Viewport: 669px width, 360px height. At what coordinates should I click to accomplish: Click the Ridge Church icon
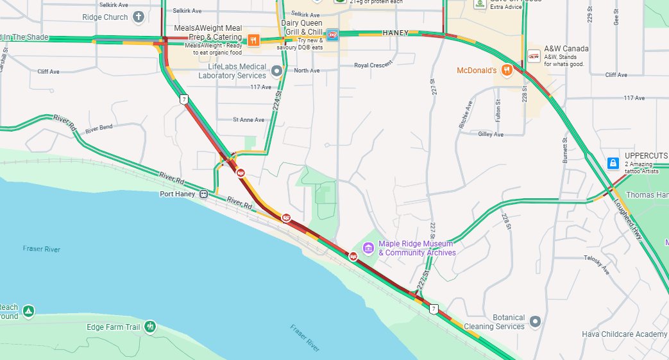click(x=139, y=17)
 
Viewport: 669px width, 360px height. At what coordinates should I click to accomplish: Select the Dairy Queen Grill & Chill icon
click(x=332, y=33)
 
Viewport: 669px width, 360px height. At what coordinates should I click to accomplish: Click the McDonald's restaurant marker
click(x=507, y=70)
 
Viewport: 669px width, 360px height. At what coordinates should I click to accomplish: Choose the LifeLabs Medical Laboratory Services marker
click(x=276, y=71)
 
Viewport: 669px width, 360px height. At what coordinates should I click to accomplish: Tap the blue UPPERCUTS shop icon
click(x=613, y=163)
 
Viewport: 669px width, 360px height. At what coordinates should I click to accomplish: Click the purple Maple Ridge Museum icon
click(x=368, y=248)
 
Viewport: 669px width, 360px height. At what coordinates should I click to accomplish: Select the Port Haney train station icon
click(x=203, y=194)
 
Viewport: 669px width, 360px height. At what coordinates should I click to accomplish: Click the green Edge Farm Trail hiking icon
click(x=150, y=327)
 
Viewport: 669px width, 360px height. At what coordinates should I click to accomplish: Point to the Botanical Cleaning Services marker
click(x=536, y=321)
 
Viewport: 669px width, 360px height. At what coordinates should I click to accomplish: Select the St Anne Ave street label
click(x=248, y=119)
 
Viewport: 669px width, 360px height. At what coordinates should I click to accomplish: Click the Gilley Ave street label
click(x=491, y=134)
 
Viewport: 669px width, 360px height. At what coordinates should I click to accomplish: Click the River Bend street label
click(x=99, y=127)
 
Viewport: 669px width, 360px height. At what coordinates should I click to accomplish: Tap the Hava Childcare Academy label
click(x=624, y=334)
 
